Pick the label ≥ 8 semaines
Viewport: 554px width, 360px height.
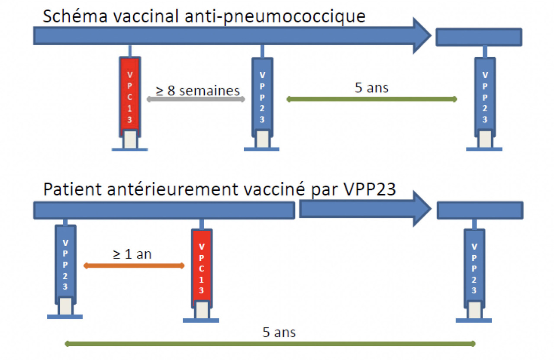point(198,90)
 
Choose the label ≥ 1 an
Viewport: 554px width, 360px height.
point(132,254)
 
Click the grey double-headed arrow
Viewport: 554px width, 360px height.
point(196,100)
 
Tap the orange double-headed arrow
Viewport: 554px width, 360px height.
point(134,265)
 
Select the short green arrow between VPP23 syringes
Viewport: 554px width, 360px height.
point(371,100)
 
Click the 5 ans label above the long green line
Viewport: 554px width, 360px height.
point(279,332)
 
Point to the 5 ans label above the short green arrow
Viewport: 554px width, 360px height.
point(371,88)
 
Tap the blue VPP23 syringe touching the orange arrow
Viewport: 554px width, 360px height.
point(65,264)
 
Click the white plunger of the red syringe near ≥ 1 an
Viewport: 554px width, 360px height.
point(201,309)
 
